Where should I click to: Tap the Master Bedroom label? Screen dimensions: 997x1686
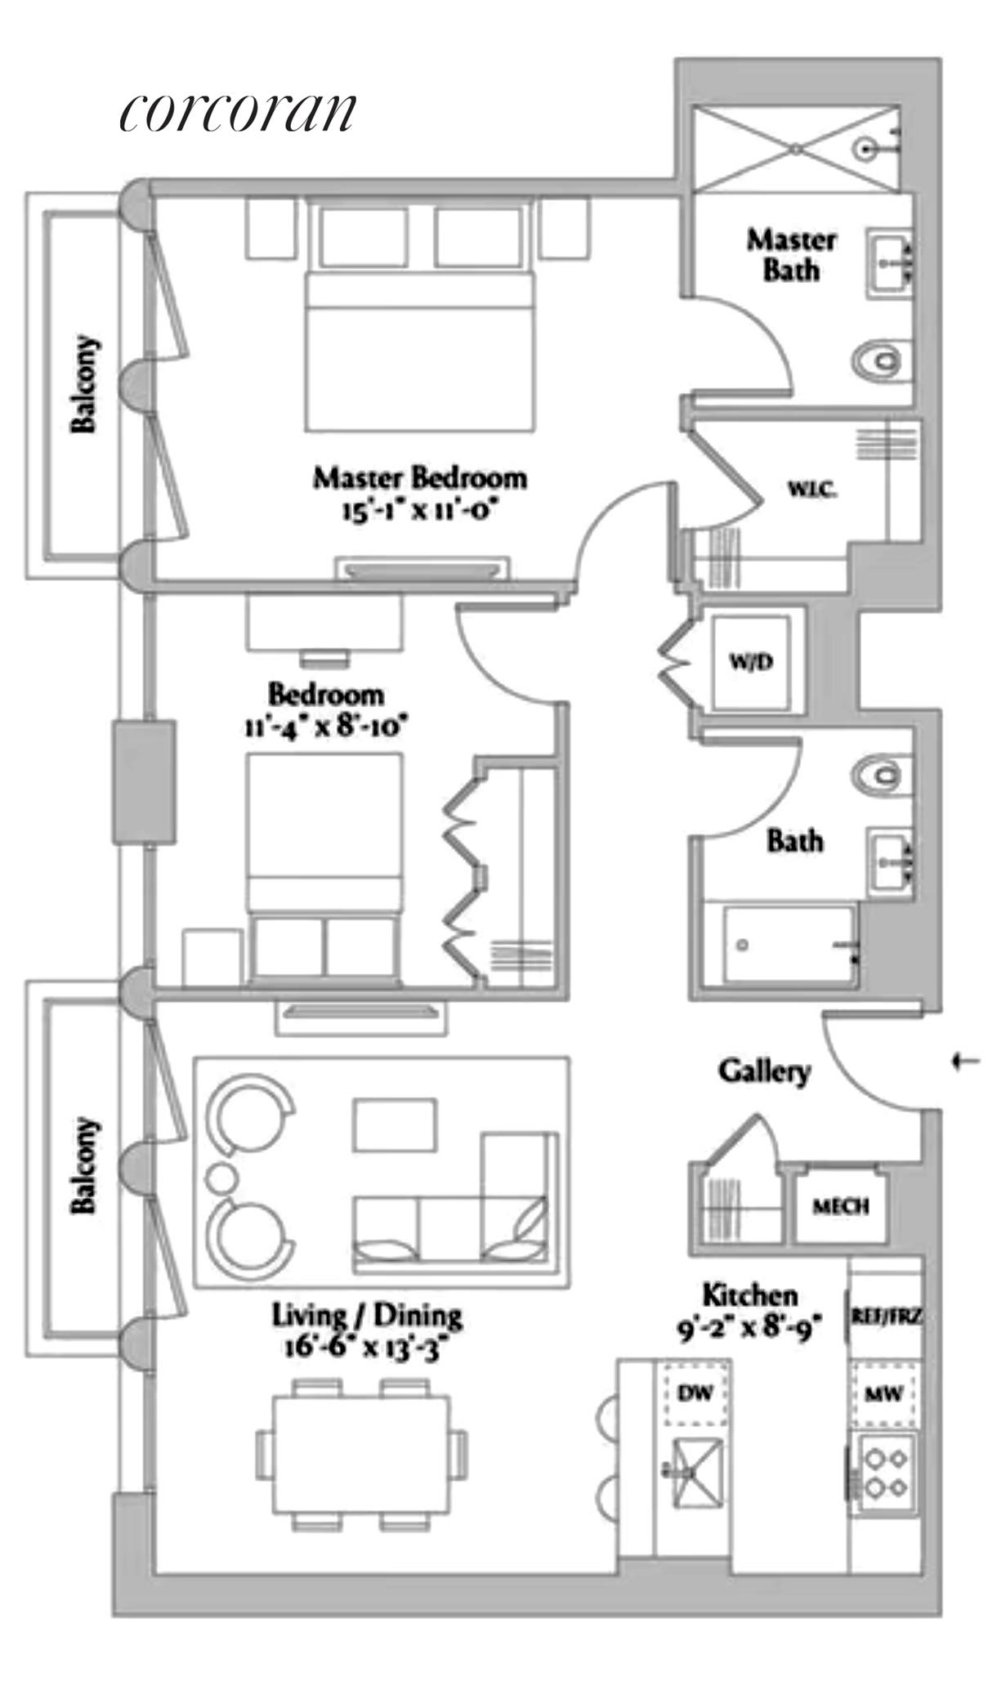[x=419, y=478]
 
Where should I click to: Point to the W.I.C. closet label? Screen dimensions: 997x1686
[x=811, y=490]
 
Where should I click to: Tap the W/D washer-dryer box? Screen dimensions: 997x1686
[x=751, y=662]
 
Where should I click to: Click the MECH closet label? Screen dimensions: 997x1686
[x=841, y=1205]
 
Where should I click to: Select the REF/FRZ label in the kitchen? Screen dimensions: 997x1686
[x=887, y=1317]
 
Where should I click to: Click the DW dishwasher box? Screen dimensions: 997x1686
[x=695, y=1393]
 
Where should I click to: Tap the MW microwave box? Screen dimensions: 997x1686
[x=884, y=1393]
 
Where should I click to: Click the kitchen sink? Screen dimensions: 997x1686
[x=695, y=1472]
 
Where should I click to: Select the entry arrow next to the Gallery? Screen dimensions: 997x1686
[x=966, y=1062]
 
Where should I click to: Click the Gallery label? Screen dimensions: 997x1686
[x=764, y=1071]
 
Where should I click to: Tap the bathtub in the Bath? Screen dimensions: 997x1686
[x=789, y=945]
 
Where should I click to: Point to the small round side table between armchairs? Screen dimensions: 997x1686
[x=221, y=1178]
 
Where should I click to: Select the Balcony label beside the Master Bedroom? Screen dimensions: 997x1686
[x=83, y=384]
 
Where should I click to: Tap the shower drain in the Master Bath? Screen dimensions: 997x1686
[x=797, y=149]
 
